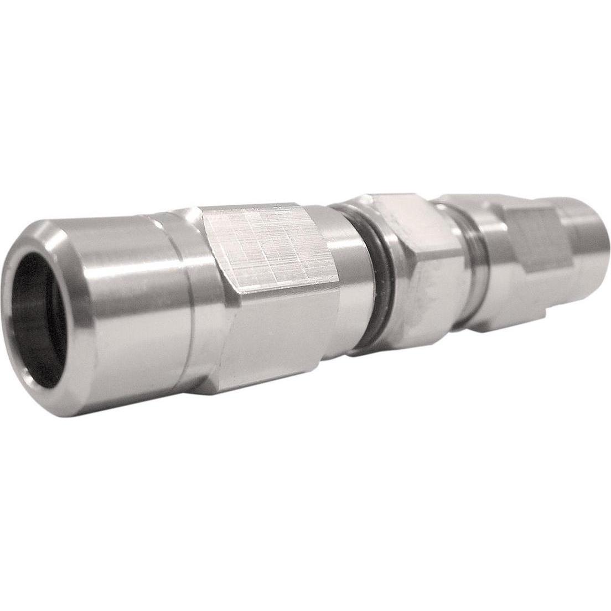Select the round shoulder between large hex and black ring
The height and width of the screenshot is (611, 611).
[x=346, y=277]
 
